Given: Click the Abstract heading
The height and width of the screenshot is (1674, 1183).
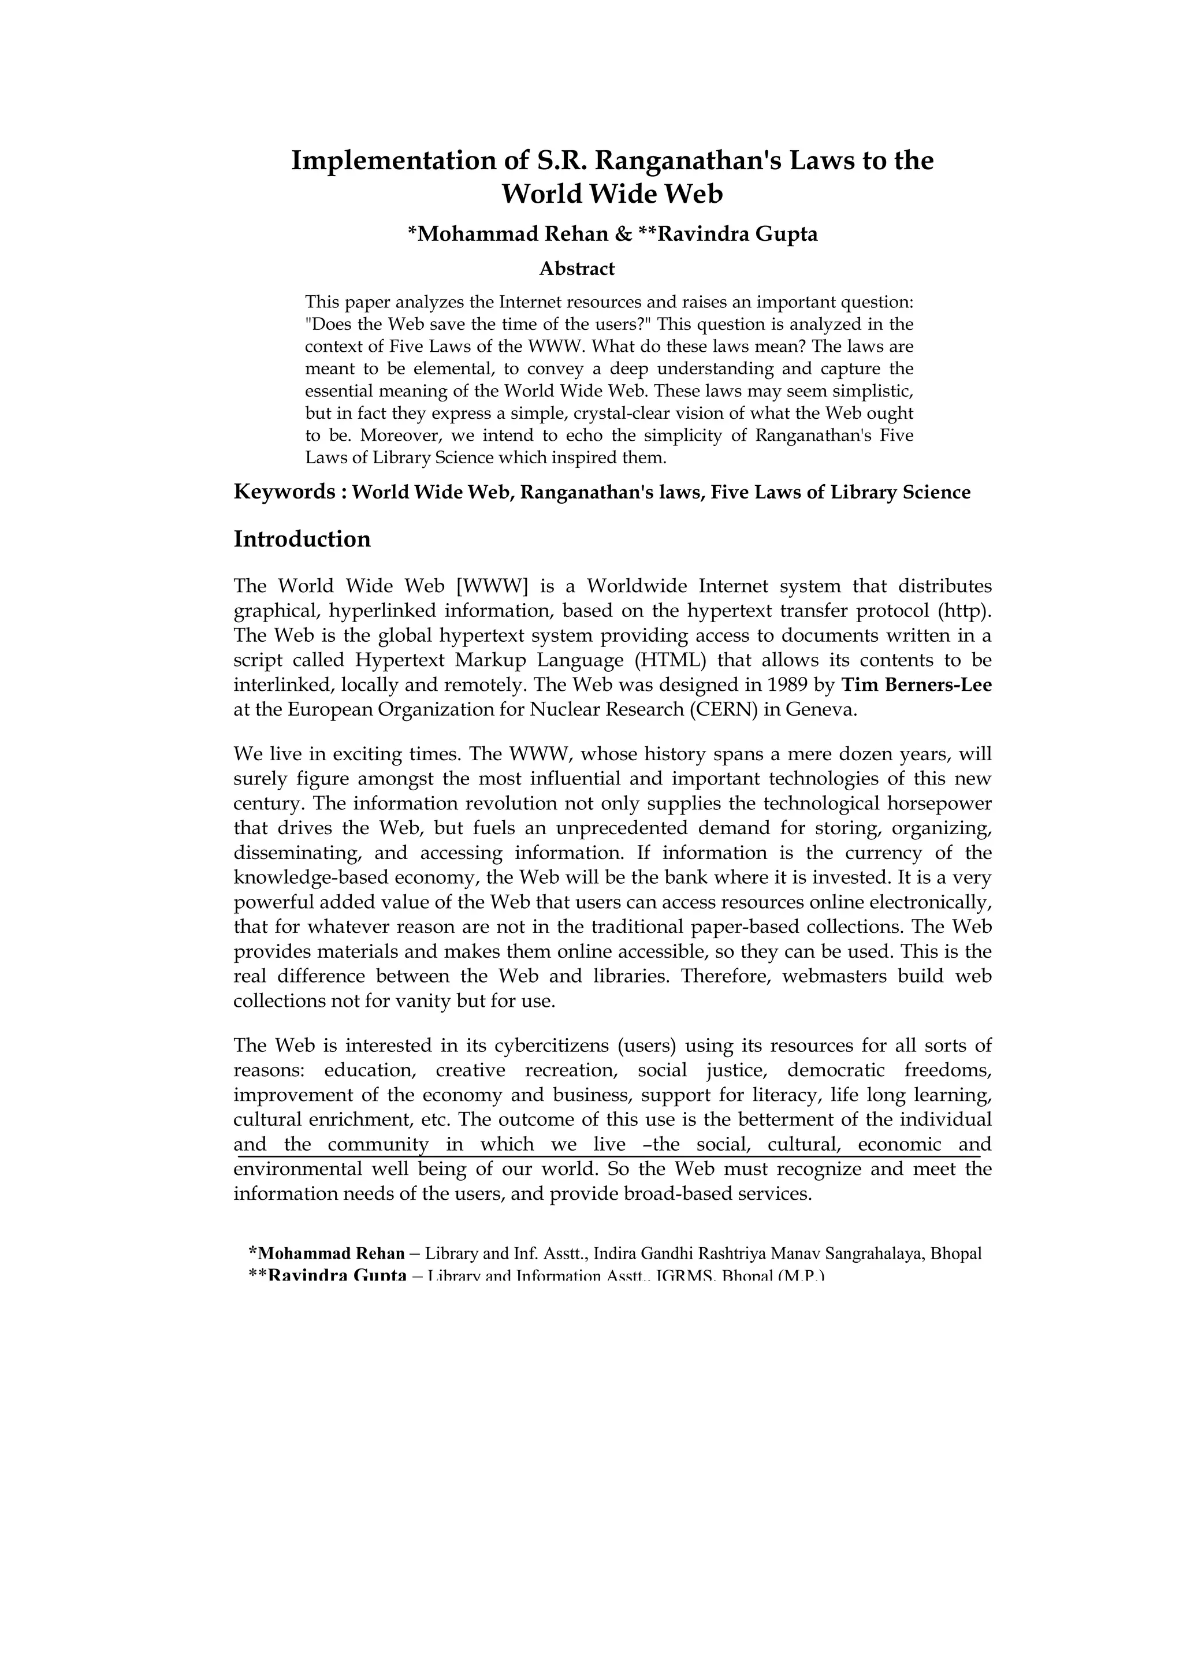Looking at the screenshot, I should tap(576, 269).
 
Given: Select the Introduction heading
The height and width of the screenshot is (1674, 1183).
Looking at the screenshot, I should tap(302, 540).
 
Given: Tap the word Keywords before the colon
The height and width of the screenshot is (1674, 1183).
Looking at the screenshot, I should tap(284, 492).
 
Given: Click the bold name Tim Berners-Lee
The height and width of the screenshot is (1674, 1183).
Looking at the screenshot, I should tap(916, 685).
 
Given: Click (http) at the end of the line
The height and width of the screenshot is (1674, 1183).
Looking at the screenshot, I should tap(965, 611).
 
